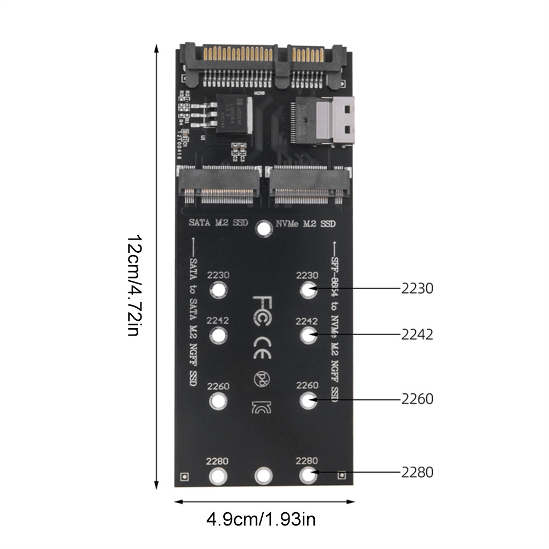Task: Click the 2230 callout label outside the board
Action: tap(417, 288)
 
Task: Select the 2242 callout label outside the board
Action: tap(417, 335)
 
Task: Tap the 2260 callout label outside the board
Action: tap(417, 399)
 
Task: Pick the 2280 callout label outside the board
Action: tap(417, 472)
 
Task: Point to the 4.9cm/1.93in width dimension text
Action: tap(261, 518)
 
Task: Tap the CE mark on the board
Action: tap(262, 347)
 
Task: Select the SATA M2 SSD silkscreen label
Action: tap(218, 223)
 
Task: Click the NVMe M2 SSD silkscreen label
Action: tap(304, 224)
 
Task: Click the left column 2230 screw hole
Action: tap(218, 290)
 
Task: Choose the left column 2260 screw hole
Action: tap(218, 401)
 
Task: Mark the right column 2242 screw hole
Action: tap(308, 335)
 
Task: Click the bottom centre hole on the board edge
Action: tap(264, 476)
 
